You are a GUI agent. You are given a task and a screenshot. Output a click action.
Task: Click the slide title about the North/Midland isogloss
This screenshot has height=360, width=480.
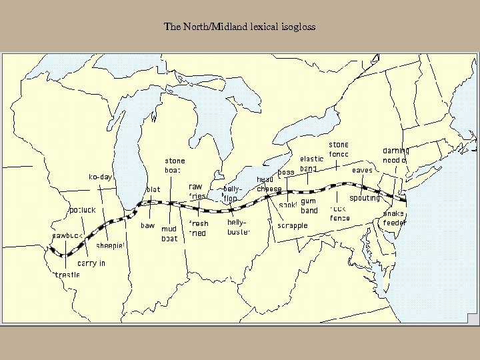coord(239,27)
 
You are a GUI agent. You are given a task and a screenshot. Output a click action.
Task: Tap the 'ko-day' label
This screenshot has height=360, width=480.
coord(101,177)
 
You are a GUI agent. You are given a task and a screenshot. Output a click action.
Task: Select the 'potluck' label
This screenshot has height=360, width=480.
coord(83,210)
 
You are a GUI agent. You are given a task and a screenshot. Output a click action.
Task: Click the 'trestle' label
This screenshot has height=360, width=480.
coord(67,274)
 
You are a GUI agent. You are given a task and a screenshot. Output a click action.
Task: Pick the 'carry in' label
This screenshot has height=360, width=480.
coord(91,263)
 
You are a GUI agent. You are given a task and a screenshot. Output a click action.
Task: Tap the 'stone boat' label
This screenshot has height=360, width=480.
coord(175,165)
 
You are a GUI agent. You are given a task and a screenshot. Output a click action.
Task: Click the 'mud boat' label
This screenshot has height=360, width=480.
coord(169,233)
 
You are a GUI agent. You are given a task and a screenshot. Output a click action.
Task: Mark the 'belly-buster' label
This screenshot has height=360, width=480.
coord(238,227)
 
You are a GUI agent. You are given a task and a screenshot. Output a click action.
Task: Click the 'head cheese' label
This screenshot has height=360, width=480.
coord(269,184)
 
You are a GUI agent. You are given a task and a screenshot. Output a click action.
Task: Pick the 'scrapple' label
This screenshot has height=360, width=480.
coord(292,225)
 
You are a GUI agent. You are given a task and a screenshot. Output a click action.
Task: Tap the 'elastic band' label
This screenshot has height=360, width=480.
coord(311,163)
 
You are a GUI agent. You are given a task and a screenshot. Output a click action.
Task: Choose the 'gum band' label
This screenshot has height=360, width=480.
coord(309,205)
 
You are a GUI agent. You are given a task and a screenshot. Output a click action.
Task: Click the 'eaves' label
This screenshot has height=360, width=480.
coord(362,170)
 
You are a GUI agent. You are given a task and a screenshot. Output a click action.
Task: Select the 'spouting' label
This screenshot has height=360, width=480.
coord(364,198)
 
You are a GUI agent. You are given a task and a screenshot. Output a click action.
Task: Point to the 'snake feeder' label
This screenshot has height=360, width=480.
coord(394,218)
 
